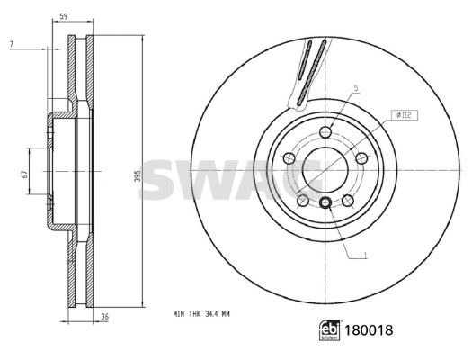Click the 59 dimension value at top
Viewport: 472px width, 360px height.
(63, 16)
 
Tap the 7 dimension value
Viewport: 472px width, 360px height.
(12, 45)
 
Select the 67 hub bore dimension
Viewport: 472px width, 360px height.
(24, 174)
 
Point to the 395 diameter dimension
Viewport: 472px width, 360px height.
(138, 174)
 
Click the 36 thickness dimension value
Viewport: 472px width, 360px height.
(104, 317)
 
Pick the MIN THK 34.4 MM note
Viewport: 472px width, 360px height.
(201, 314)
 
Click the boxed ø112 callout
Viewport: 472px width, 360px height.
(405, 115)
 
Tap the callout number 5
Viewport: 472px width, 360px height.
(356, 88)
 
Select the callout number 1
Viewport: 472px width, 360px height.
(365, 256)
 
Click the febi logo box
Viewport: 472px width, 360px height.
(330, 330)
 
